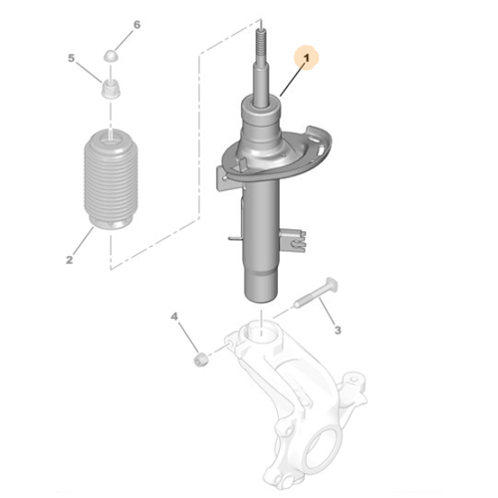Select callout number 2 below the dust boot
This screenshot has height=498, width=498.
pos(70,261)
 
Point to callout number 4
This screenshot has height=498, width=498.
pos(174,318)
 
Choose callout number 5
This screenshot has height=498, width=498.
pos(72,59)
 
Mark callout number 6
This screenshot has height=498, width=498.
pos(137,24)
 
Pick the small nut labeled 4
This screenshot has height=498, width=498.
pos(199,356)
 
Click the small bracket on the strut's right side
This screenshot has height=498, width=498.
pos(290,240)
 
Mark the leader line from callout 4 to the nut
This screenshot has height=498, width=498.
pos(186,337)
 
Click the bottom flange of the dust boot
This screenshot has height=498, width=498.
pos(106,223)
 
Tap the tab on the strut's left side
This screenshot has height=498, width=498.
pos(232,238)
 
